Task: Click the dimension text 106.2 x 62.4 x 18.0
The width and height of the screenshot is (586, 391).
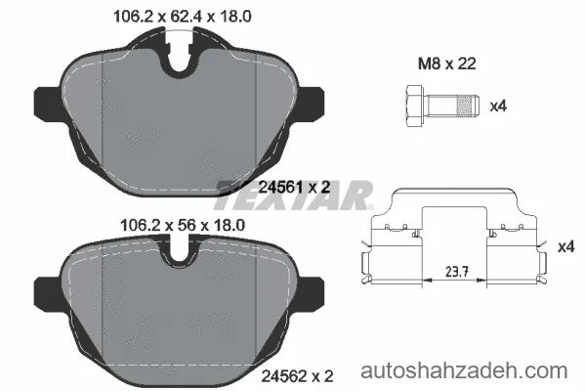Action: tap(182, 16)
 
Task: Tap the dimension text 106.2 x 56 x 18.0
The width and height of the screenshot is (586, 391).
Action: tap(183, 225)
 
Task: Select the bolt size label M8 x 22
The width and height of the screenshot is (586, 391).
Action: tap(446, 64)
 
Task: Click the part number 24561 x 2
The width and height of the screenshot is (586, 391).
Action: tap(295, 187)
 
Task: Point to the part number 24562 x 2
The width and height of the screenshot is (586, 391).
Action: tap(297, 376)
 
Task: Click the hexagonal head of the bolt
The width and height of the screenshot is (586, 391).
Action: tap(414, 107)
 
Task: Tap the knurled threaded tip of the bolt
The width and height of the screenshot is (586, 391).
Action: tap(468, 107)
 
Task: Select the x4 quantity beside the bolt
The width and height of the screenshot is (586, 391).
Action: tap(498, 107)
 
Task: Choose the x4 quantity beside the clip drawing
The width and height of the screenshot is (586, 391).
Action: tap(565, 247)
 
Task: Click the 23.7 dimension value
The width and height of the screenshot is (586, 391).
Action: tap(457, 272)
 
